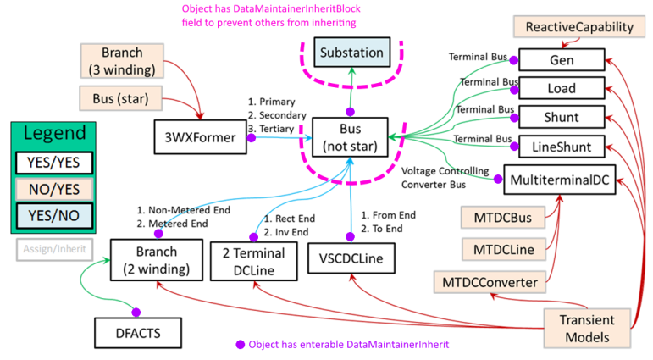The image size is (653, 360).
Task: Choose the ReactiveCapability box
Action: click(x=579, y=27)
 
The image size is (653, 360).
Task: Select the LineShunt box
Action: click(x=562, y=147)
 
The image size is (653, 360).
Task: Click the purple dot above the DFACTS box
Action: click(x=135, y=311)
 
